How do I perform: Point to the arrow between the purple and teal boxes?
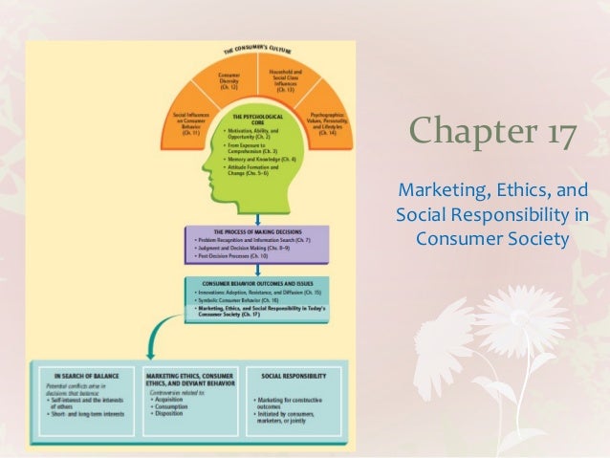tap(257, 270)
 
